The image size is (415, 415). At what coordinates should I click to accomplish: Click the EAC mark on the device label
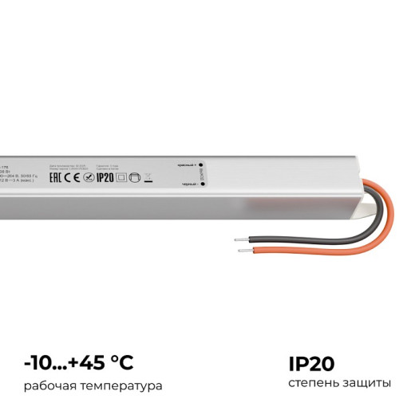[57, 176]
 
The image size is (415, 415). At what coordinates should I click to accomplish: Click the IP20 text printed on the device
[105, 177]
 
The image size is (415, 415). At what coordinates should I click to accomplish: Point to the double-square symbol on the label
[121, 177]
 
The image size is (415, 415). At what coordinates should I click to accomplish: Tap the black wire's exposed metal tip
[237, 239]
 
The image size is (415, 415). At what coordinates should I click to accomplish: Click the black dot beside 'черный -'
[202, 184]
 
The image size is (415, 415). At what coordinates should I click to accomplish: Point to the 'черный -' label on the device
[188, 184]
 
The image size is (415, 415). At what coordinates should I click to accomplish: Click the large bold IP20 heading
[313, 363]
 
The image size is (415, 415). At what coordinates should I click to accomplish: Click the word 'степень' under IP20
[313, 384]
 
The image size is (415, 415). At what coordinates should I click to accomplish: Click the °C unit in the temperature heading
[120, 363]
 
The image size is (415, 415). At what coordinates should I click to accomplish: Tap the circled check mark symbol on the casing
[89, 177]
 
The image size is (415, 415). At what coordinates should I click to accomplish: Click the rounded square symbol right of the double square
[133, 177]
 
